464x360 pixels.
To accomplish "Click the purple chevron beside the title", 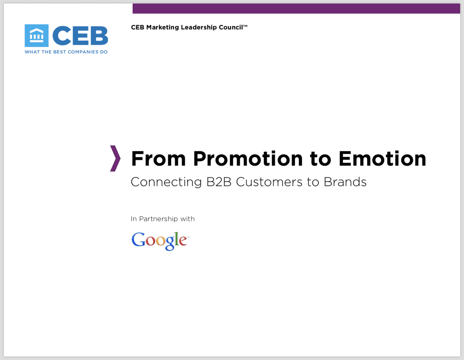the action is tap(115, 159).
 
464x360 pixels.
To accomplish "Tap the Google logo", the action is tap(160, 241).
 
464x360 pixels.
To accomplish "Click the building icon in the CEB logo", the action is tap(37, 36).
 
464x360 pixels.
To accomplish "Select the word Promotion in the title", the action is tap(248, 159).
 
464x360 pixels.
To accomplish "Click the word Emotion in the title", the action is tap(382, 159).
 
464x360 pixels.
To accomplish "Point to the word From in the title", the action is tap(158, 159).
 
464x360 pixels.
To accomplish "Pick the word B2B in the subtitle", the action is tap(219, 182).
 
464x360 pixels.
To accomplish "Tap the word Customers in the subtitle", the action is tap(269, 182).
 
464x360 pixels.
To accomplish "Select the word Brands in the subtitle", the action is tap(345, 182).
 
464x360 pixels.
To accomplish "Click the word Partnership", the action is tap(158, 219).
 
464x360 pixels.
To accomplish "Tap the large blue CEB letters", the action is tap(80, 36).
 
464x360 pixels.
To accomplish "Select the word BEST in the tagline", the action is tap(60, 52).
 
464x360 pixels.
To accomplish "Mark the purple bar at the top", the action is tap(296, 8).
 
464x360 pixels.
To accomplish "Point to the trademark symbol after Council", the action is tap(245, 26).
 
